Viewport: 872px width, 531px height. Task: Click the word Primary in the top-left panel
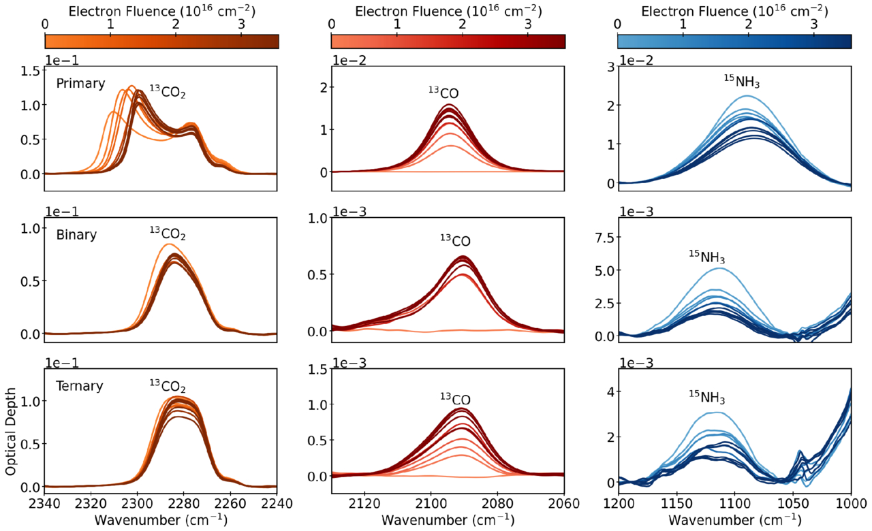80,84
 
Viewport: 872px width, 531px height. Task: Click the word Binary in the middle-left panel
76,235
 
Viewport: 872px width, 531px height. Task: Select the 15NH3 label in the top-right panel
741,81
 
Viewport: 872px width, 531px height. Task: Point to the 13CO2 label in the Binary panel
168,233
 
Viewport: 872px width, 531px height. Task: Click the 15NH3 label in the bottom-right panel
706,396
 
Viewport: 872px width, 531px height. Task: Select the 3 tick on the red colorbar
528,23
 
